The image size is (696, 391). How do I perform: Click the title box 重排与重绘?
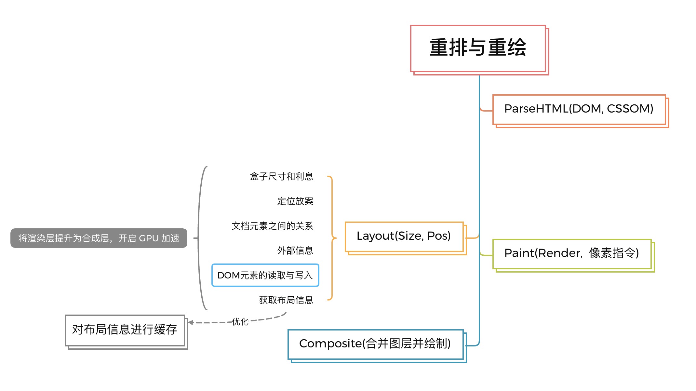(x=478, y=48)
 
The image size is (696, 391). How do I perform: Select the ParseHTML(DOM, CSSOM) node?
(x=579, y=109)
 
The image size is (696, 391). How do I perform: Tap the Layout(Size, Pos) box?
(x=404, y=236)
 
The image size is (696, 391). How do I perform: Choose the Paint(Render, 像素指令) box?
(x=572, y=254)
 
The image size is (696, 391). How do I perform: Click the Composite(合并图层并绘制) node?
(x=375, y=344)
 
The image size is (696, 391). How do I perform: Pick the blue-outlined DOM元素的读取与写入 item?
(x=265, y=275)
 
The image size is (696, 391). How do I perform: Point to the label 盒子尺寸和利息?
(x=281, y=176)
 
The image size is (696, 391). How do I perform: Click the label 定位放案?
(x=295, y=201)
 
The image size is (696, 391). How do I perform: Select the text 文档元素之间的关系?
(x=272, y=226)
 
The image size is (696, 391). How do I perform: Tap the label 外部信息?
(x=295, y=250)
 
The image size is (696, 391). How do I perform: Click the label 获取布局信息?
(x=286, y=300)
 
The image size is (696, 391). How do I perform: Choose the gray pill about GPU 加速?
(x=99, y=238)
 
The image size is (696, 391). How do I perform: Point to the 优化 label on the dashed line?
(x=240, y=322)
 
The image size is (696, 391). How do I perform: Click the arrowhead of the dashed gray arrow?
(x=191, y=322)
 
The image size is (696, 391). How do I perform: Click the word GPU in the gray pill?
(x=149, y=238)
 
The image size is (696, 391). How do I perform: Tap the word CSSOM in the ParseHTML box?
(x=630, y=109)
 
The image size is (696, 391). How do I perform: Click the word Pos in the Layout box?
(x=438, y=236)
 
